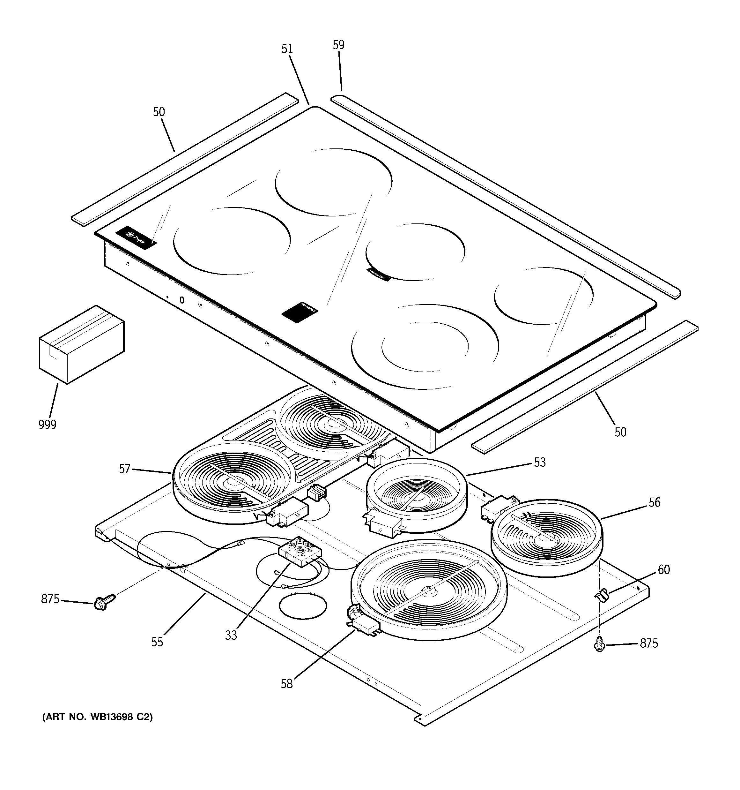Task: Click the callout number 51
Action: coord(287,49)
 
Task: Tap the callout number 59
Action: coord(338,45)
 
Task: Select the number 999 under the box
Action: coord(47,425)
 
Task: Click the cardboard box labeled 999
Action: coord(81,344)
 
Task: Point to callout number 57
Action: coord(125,469)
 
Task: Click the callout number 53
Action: coord(539,462)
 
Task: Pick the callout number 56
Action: coord(654,502)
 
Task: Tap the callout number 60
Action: coord(664,569)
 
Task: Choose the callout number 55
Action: coord(157,642)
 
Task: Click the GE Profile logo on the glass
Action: coord(136,238)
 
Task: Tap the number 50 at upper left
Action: coord(159,112)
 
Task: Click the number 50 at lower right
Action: coord(620,432)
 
